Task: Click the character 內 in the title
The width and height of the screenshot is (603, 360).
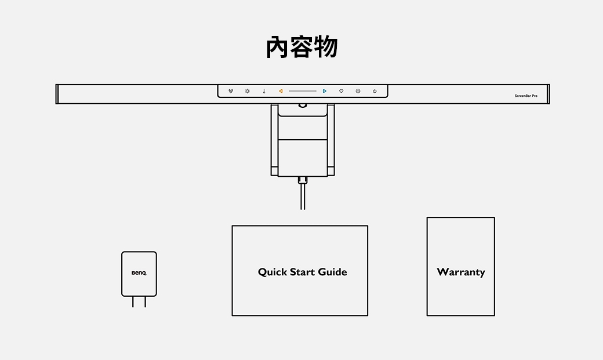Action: pos(278,48)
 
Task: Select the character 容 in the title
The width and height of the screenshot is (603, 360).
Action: pos(302,48)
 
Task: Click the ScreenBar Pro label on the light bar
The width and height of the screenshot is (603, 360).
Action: pos(526,96)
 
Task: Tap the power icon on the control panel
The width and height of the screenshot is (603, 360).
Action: pos(375,91)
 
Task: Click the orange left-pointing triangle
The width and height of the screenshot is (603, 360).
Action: pos(281,91)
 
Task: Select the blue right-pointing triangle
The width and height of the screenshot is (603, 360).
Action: pos(325,91)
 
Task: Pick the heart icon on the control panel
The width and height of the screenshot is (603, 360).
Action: pos(342,91)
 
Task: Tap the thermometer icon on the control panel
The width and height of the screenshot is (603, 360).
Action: pos(264,91)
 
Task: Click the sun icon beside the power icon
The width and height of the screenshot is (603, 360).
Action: pos(358,91)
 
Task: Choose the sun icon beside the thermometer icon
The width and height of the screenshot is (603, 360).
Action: pos(247,91)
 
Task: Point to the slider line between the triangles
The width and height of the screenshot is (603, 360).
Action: pos(303,91)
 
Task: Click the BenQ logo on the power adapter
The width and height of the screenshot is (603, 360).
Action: pos(139,272)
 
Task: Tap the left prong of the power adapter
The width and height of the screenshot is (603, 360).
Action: pos(133,301)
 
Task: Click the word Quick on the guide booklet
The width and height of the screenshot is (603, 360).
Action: pos(272,272)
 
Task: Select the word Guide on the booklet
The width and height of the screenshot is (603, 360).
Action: pos(332,272)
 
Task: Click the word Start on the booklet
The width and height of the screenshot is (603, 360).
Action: pos(302,272)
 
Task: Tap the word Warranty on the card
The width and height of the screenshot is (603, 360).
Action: pos(461,272)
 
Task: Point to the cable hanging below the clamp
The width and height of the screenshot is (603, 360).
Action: pos(303,197)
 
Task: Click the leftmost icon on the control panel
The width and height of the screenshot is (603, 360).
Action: pos(231,91)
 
